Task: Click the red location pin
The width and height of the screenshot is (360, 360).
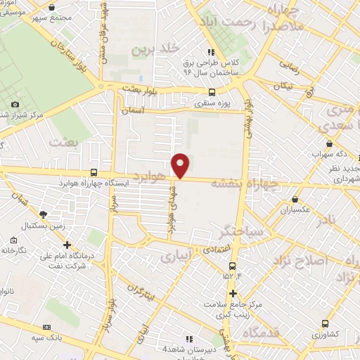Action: click(x=181, y=165)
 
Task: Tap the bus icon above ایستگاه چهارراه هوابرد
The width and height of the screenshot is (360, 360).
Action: click(x=94, y=172)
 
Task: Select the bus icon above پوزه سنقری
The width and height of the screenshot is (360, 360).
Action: click(x=212, y=92)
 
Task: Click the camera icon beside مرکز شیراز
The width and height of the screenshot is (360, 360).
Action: click(x=15, y=104)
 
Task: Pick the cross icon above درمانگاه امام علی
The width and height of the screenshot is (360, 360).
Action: click(x=67, y=245)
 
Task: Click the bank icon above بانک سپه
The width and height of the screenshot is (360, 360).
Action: click(x=47, y=327)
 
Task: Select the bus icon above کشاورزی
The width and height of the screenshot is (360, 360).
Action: click(x=324, y=323)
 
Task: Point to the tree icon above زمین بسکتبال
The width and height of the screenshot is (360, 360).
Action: click(x=44, y=214)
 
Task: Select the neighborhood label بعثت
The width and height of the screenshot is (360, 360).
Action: click(x=61, y=142)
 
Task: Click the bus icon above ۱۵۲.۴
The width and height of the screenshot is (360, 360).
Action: click(x=233, y=264)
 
